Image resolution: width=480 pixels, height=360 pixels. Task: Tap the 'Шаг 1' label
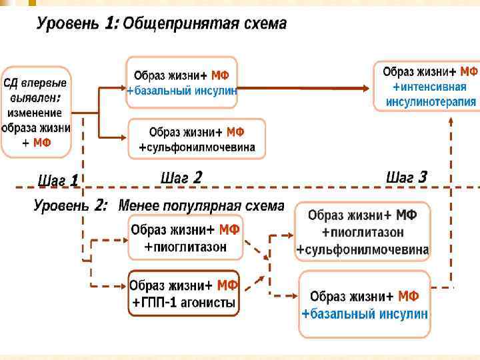(58, 180)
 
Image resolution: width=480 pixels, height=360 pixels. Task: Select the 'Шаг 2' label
(181, 177)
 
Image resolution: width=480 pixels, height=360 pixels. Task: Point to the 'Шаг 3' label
(406, 177)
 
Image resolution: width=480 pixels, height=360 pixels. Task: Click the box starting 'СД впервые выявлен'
(35, 112)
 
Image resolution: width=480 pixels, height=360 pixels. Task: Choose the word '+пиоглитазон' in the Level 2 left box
(185, 247)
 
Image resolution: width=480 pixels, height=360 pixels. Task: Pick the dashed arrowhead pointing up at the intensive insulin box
(451, 121)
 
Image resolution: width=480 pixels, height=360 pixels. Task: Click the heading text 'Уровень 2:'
(70, 206)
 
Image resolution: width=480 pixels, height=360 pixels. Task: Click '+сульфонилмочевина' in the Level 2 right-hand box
(363, 250)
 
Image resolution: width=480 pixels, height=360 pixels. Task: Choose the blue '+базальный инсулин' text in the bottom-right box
(364, 313)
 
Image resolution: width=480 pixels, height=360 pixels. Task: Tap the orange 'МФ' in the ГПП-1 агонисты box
(227, 286)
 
